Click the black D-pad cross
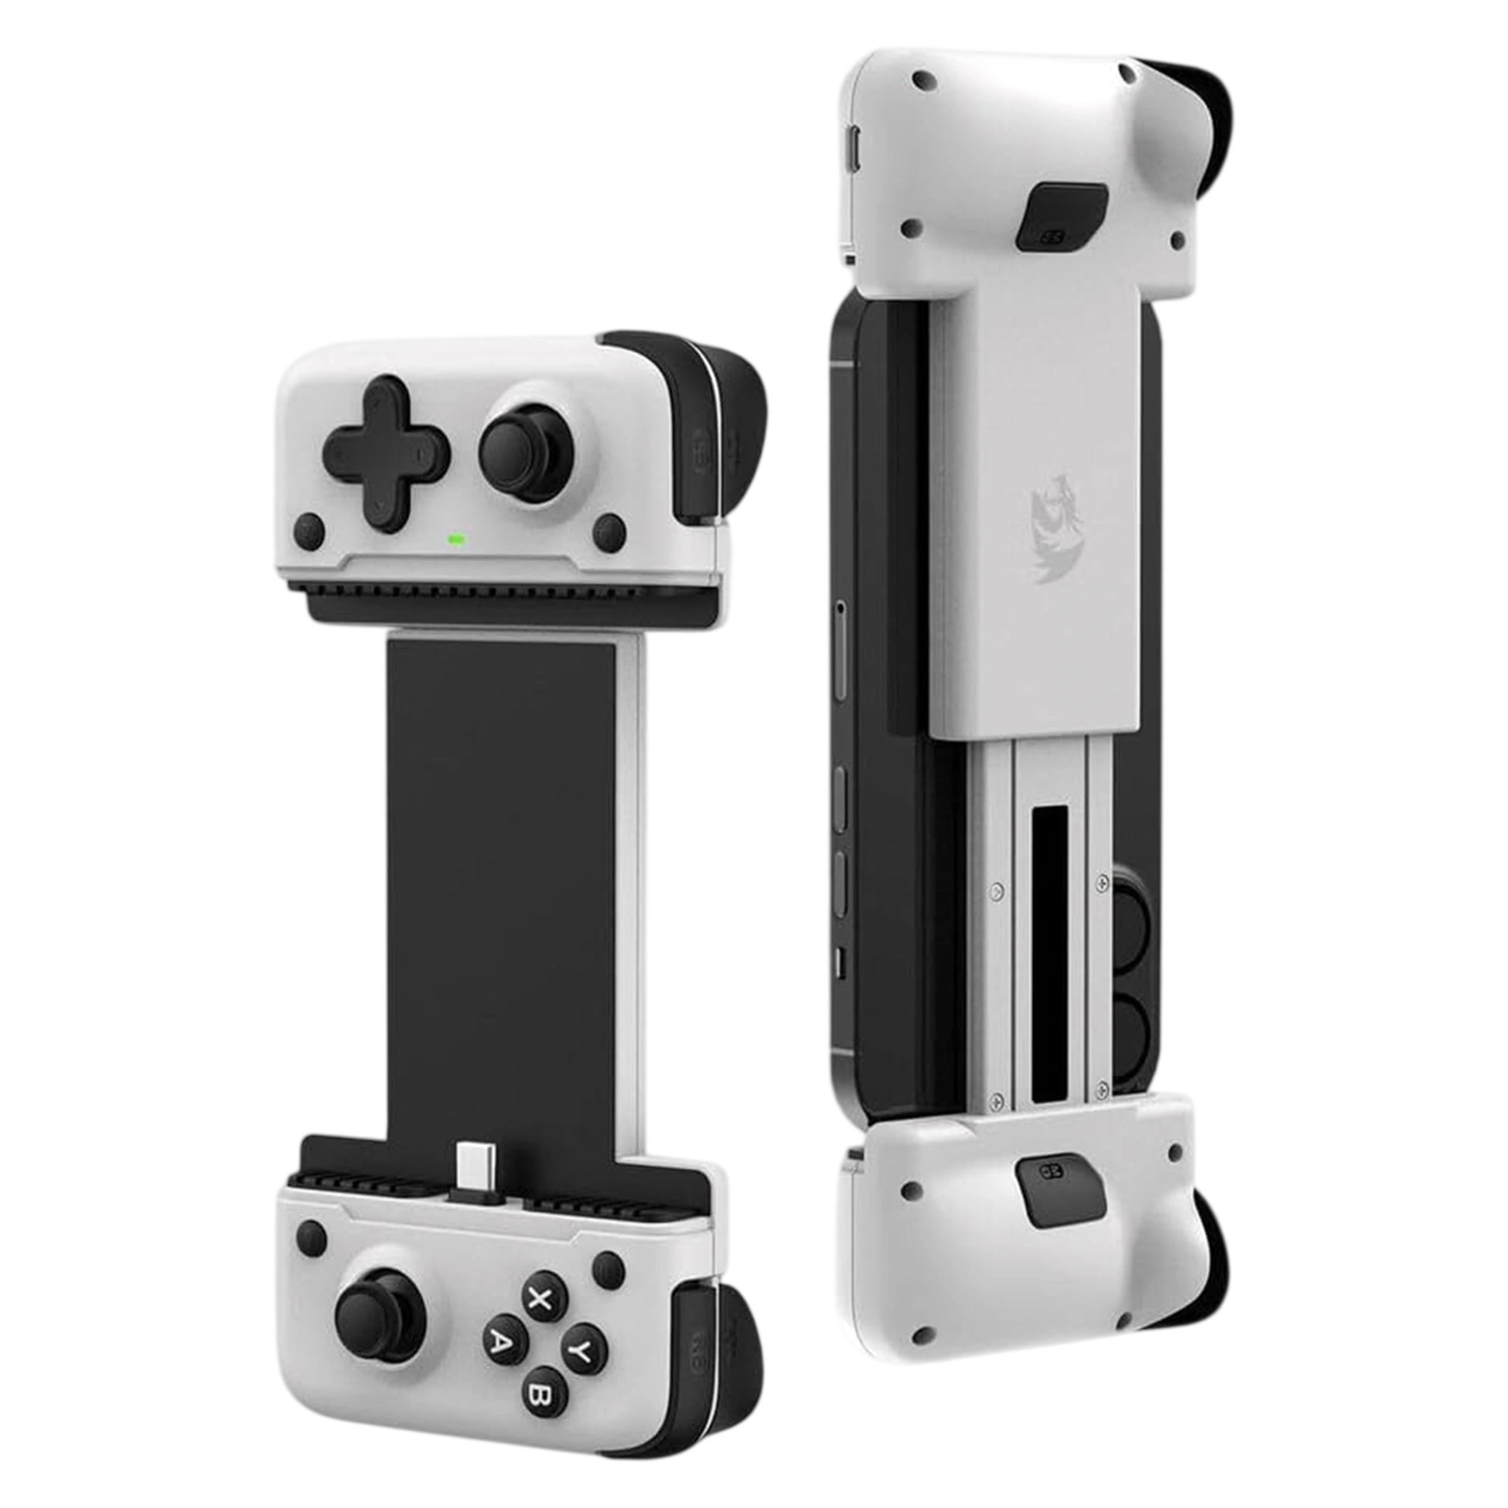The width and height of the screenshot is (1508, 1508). pyautogui.click(x=386, y=453)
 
